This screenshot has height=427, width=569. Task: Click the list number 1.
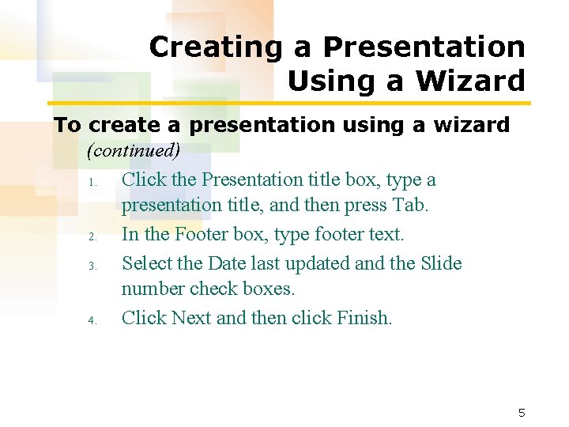pyautogui.click(x=92, y=183)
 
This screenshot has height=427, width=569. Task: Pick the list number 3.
pyautogui.click(x=92, y=266)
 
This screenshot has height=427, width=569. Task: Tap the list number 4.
pyautogui.click(x=92, y=320)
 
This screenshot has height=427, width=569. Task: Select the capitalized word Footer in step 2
pyautogui.click(x=202, y=235)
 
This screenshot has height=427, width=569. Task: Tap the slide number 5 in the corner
pyautogui.click(x=521, y=413)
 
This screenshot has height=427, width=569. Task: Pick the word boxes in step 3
pyautogui.click(x=268, y=289)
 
